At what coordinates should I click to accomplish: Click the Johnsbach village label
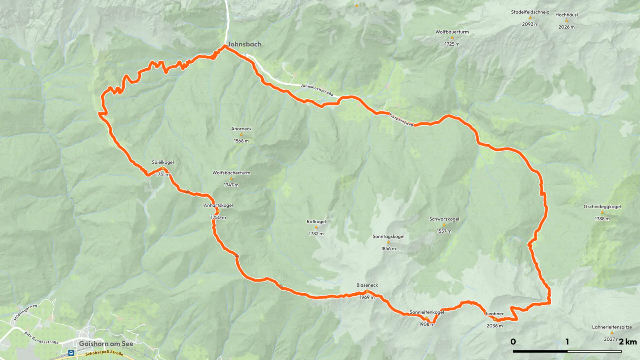point(244,44)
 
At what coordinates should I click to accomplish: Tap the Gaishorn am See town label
point(106,344)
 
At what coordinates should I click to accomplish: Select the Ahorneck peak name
point(241,129)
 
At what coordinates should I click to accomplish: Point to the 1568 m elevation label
point(241,141)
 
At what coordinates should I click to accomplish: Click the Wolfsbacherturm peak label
point(231,173)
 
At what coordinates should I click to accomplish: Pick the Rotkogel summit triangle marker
point(316,227)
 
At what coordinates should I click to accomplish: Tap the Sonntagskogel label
point(388,236)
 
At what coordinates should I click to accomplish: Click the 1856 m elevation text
point(388,248)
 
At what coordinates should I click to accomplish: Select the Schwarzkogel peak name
point(444,219)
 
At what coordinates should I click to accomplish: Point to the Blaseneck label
point(367,285)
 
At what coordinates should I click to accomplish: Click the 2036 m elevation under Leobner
point(494,326)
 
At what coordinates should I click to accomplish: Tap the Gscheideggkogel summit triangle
point(602,212)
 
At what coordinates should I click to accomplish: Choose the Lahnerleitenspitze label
point(612,327)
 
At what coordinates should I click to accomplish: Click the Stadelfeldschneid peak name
point(530,12)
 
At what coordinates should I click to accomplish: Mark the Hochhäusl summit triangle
point(566,20)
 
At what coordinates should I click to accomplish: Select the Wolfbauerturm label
point(452,32)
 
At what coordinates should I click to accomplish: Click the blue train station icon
point(71,353)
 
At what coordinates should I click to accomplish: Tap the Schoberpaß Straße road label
point(104,353)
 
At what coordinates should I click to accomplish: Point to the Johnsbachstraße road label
point(317,90)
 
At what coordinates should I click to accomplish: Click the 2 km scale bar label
point(628,342)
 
